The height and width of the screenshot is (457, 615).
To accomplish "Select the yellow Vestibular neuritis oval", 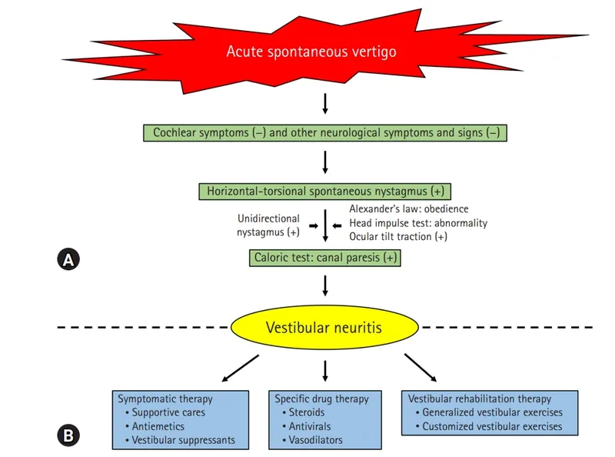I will click(324, 328).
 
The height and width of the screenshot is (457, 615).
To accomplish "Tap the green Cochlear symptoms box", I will click(326, 132).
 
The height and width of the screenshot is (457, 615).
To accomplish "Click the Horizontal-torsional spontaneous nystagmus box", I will click(325, 191).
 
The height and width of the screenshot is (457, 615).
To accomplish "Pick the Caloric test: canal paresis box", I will click(325, 259).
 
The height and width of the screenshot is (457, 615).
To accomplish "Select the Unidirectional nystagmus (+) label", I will click(269, 225).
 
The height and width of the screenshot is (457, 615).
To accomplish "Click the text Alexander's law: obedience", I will click(408, 209).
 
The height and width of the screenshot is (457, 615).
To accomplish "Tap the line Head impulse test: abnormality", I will click(417, 223).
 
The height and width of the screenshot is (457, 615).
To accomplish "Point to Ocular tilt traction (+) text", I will click(397, 237).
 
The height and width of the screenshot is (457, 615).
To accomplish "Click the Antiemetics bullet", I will click(158, 427).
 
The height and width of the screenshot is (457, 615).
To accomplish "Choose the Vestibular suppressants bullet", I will click(184, 441).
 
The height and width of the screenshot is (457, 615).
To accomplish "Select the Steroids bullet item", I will click(307, 413).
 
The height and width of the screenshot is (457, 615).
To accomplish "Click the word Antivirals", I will click(311, 427).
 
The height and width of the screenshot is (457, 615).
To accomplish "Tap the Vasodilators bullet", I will click(315, 441).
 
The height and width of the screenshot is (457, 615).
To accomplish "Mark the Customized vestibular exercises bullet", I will click(492, 426).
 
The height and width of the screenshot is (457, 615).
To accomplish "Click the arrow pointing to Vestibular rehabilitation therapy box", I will click(420, 367).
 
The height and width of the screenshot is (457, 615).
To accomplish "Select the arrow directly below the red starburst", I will click(325, 103).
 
